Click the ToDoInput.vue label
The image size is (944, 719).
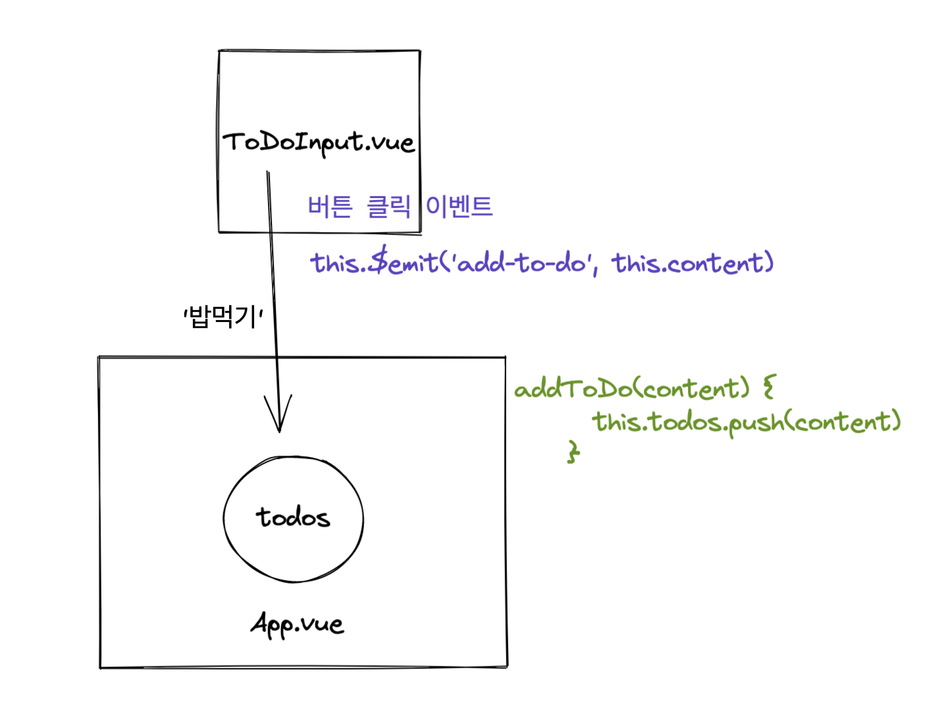click(x=319, y=142)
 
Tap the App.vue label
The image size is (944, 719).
click(x=297, y=624)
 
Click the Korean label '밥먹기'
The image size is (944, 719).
click(x=223, y=317)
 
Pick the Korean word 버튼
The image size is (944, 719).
click(x=330, y=207)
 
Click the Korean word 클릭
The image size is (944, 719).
click(x=388, y=207)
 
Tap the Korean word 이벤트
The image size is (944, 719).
click(x=459, y=207)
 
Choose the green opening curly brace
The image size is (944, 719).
click(x=769, y=386)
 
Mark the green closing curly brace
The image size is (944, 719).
click(x=573, y=452)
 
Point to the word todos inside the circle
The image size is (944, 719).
click(x=293, y=518)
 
